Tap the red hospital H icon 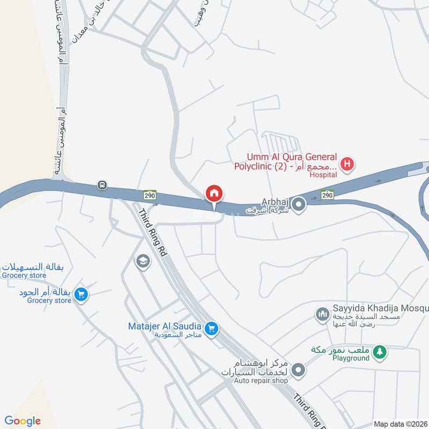(x=347, y=164)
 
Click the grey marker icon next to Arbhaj (x=299, y=204)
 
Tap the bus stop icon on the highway (x=102, y=186)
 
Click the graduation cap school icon (x=143, y=261)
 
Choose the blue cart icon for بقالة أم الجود (x=81, y=294)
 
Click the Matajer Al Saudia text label (x=165, y=326)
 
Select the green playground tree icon (x=380, y=352)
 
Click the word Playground (x=350, y=358)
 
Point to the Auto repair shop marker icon (x=299, y=369)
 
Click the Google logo (x=22, y=421)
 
